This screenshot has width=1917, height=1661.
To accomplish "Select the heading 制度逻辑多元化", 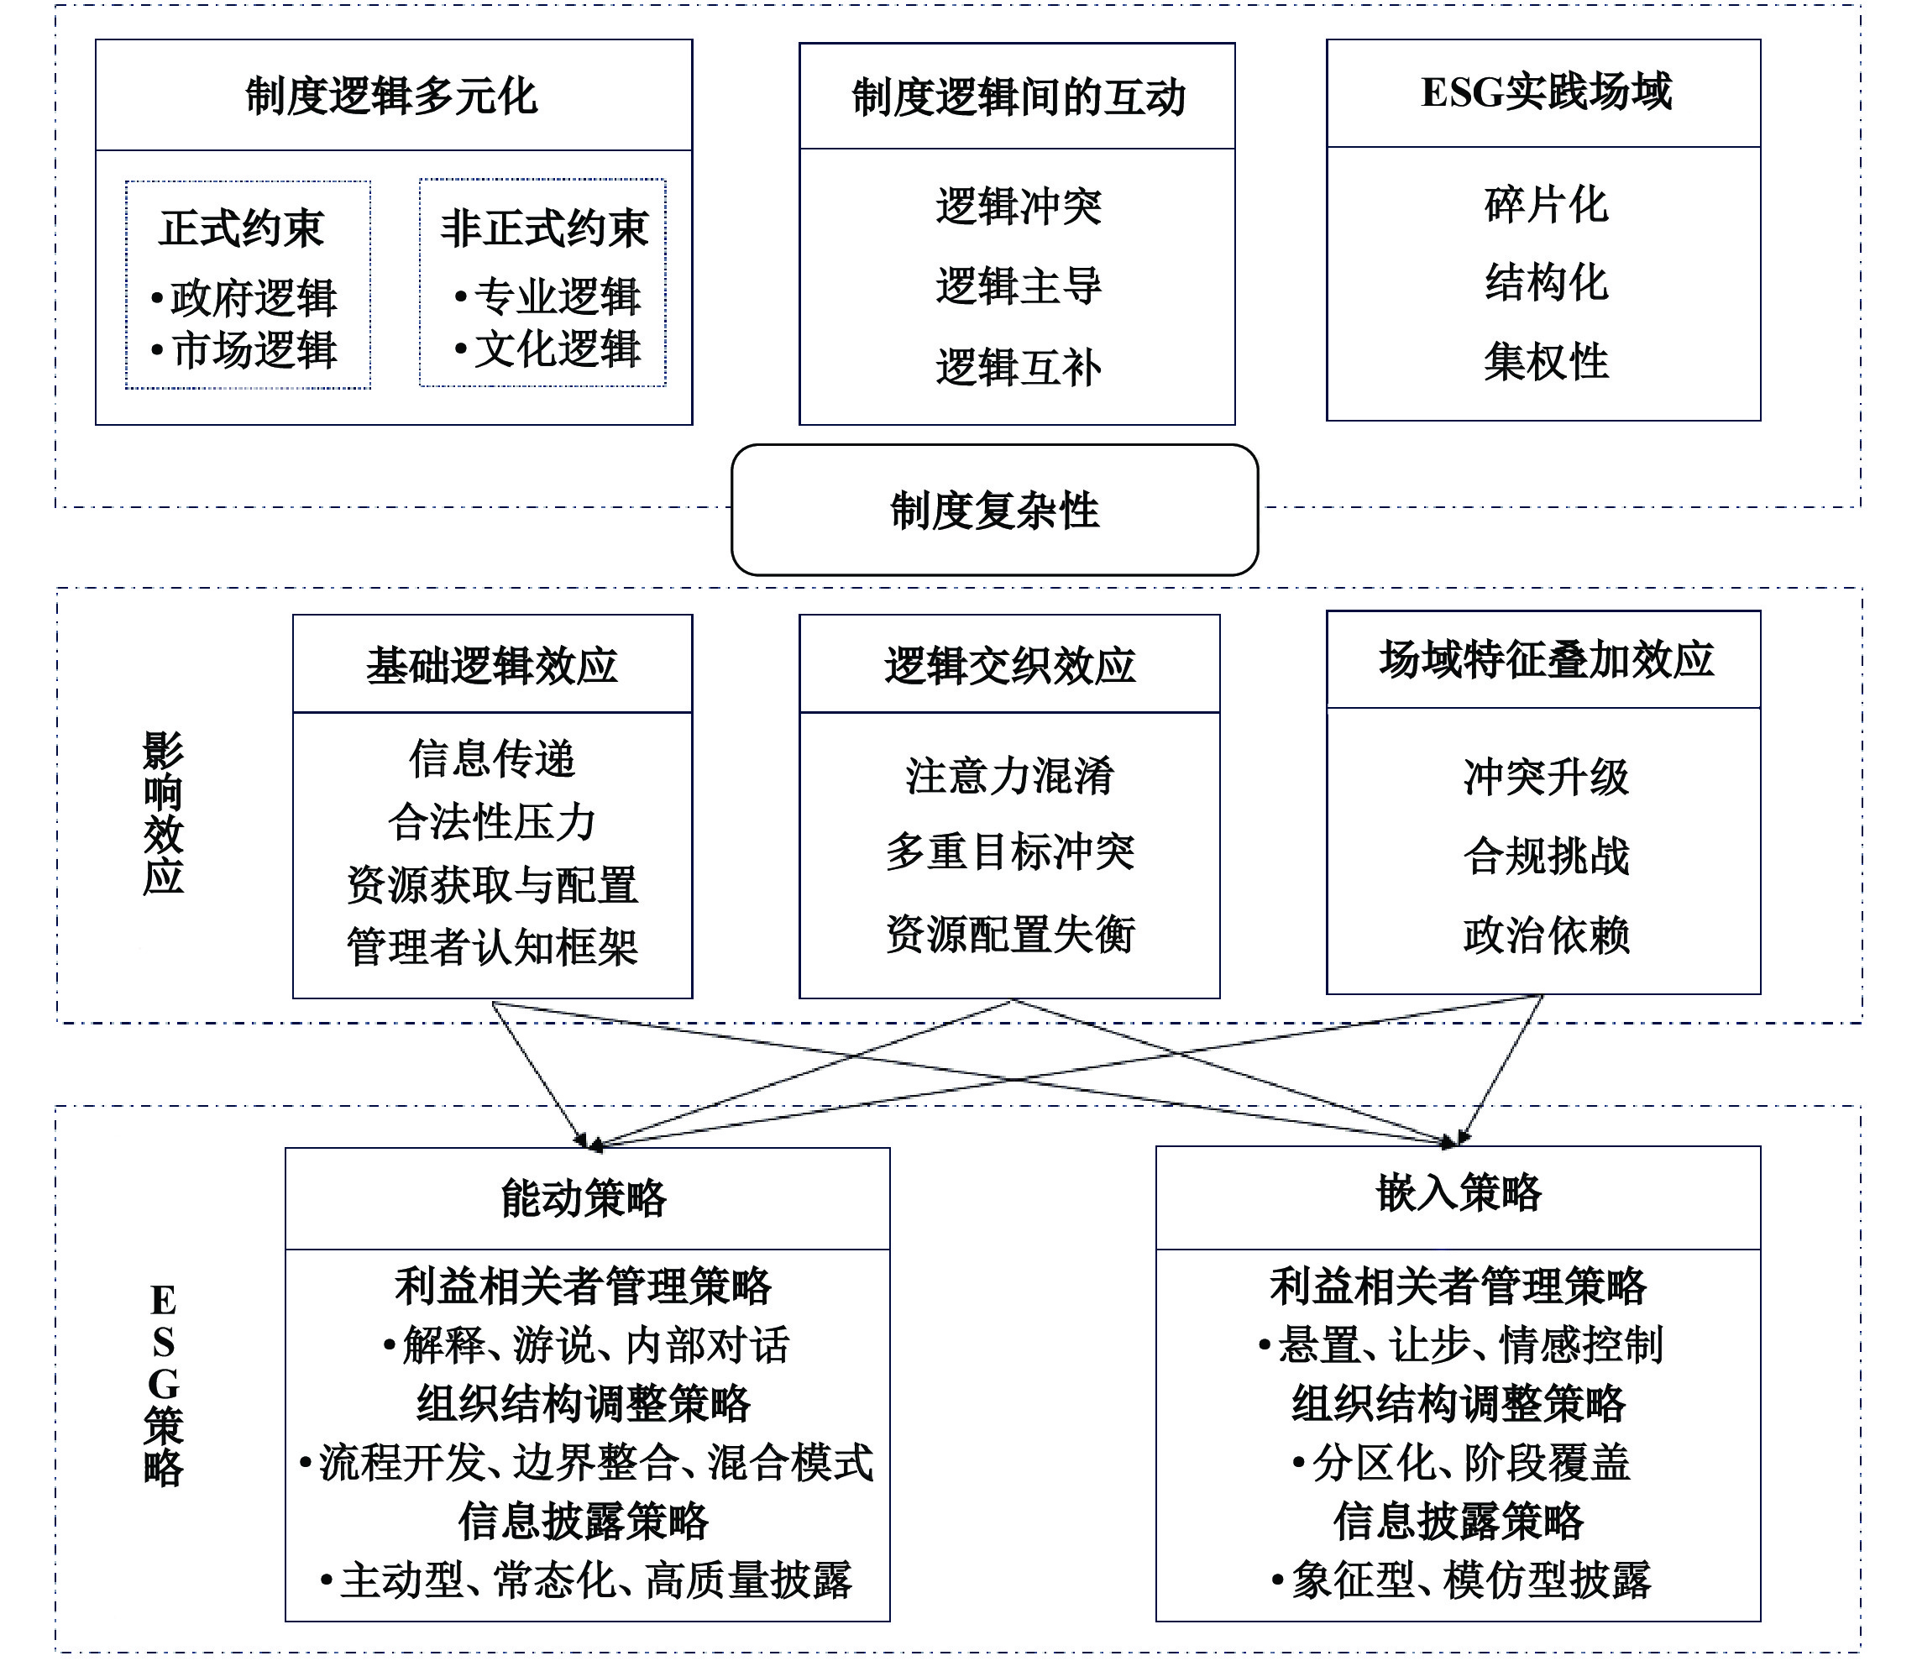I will click(x=392, y=97).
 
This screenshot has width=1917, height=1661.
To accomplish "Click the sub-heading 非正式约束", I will click(x=543, y=228).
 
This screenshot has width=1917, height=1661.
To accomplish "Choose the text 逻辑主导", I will click(x=1018, y=286).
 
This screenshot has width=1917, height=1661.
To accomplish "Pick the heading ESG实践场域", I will click(x=1545, y=92).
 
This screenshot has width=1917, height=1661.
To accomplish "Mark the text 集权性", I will click(x=1545, y=361).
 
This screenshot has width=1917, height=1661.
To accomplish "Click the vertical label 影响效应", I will click(x=163, y=813).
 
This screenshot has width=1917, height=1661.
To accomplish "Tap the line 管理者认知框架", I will click(x=492, y=947).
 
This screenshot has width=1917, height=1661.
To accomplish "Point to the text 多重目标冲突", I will click(x=1009, y=851).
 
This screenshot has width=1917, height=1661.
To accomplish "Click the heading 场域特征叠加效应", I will click(x=1545, y=660).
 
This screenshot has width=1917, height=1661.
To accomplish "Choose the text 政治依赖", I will click(x=1545, y=935).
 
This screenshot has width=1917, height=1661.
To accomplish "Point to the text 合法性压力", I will click(x=492, y=822).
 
